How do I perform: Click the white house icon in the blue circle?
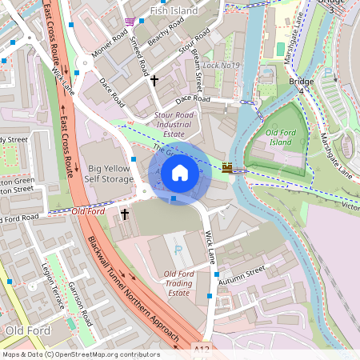pos(179,173)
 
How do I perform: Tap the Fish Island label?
pos(173,11)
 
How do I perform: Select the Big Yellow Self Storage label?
pos(110,174)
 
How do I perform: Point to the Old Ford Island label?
pos(282,136)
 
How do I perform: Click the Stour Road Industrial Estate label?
pos(174,125)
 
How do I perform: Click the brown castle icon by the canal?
pos(227,167)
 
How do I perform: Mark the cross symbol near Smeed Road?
pos(154,81)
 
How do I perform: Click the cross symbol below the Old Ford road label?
pos(124,214)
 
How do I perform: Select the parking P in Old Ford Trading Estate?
pos(178,250)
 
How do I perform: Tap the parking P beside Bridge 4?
pos(327,74)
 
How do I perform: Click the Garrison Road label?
pos(81,303)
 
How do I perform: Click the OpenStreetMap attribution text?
pos(80,354)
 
